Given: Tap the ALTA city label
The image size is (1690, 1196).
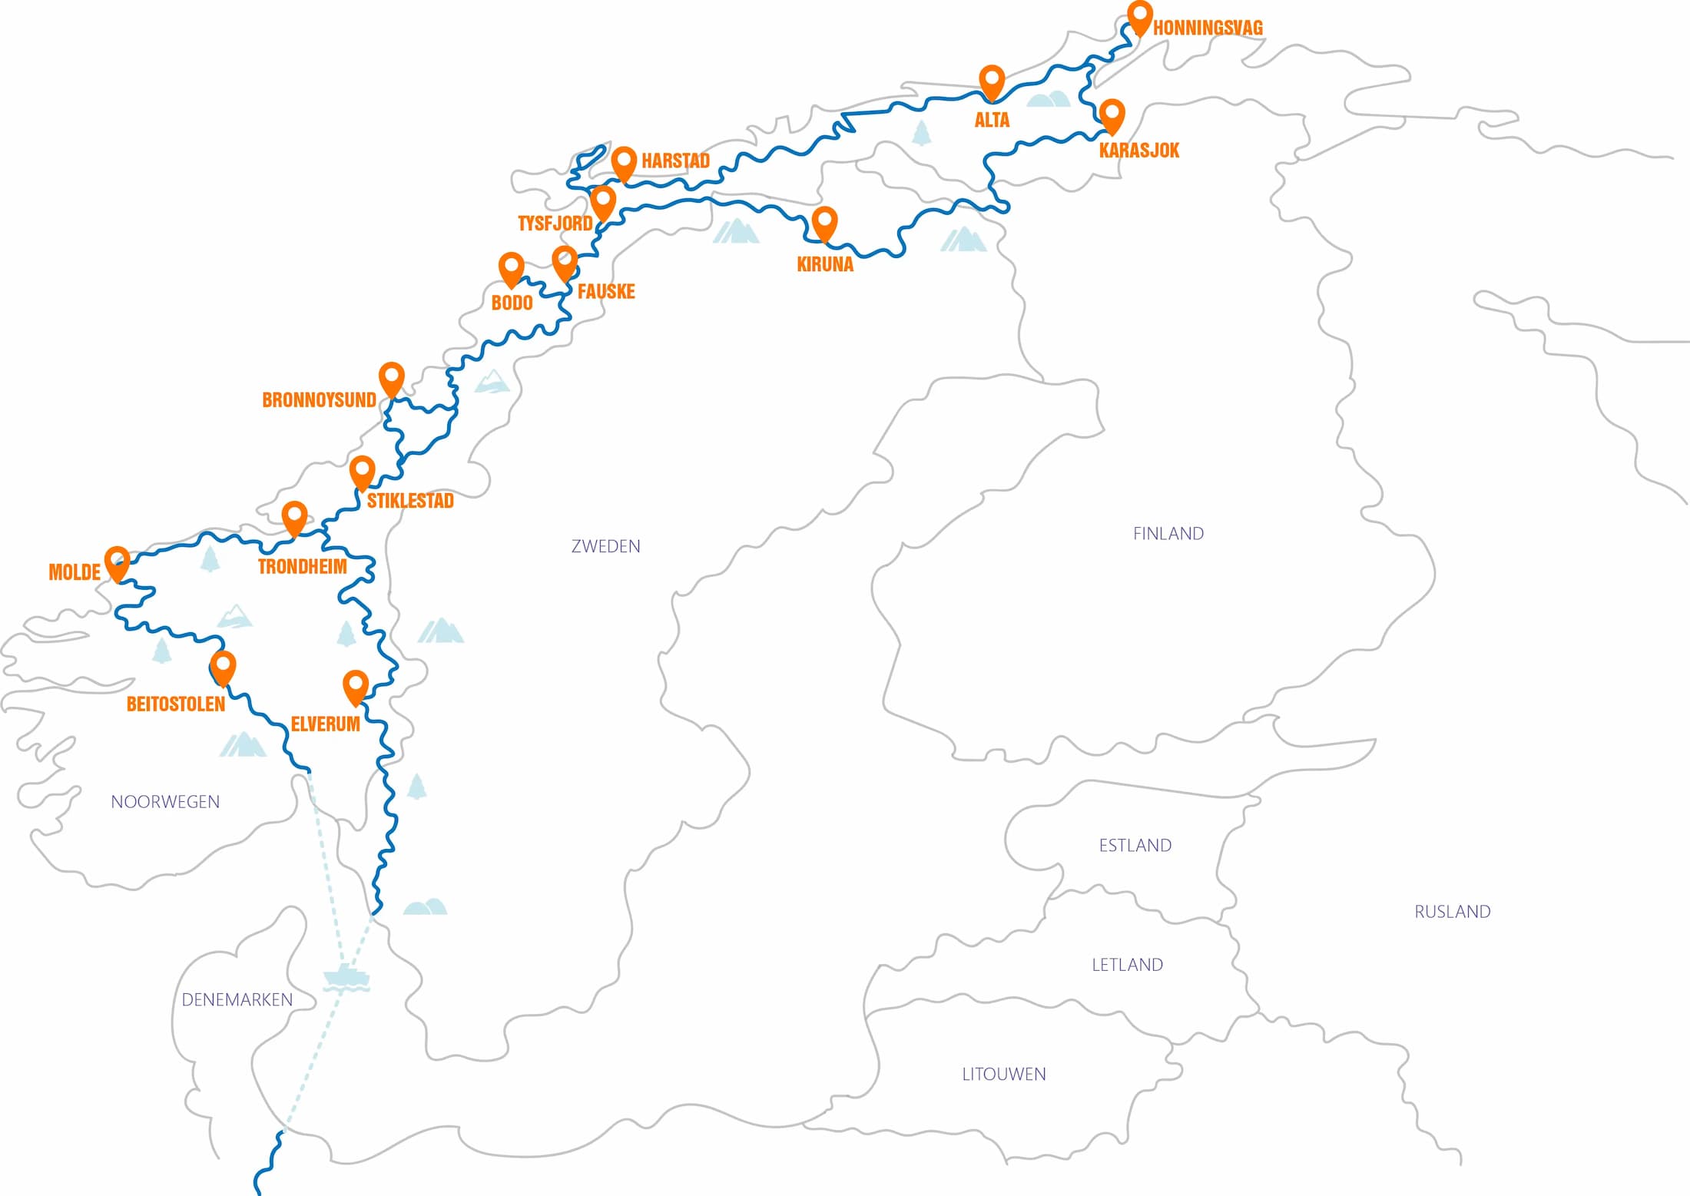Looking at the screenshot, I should coord(992,120).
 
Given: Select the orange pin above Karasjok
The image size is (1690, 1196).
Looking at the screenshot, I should coord(1112,114).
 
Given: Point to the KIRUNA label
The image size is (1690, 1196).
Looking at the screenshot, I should coord(825,264).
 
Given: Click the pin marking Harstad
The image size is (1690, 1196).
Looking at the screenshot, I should coord(624,162).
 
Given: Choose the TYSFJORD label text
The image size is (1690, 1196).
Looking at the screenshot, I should coord(555,224).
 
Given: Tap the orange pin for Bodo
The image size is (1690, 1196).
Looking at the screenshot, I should coord(511,267).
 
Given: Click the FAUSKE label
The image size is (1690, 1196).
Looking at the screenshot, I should coord(606,292).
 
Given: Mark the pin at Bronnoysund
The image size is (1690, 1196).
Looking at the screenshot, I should coord(392,377).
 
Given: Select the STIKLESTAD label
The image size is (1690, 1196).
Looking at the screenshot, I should coord(410,501).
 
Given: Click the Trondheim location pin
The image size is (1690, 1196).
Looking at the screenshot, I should coord(294,516).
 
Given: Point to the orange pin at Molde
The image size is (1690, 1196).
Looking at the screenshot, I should coord(117,562).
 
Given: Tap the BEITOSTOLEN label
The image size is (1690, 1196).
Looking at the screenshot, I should coord(176,704).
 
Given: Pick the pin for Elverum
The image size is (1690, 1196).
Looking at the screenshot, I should coord(355,685).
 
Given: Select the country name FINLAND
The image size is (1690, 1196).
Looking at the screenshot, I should coord(1168,534).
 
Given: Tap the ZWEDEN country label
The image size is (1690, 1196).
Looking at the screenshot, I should coord(605,546).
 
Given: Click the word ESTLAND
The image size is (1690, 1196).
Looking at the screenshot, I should coord(1135,846).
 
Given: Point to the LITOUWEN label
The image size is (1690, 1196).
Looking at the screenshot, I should coord(1004,1074).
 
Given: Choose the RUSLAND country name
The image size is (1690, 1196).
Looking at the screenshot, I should coord(1452,912).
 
